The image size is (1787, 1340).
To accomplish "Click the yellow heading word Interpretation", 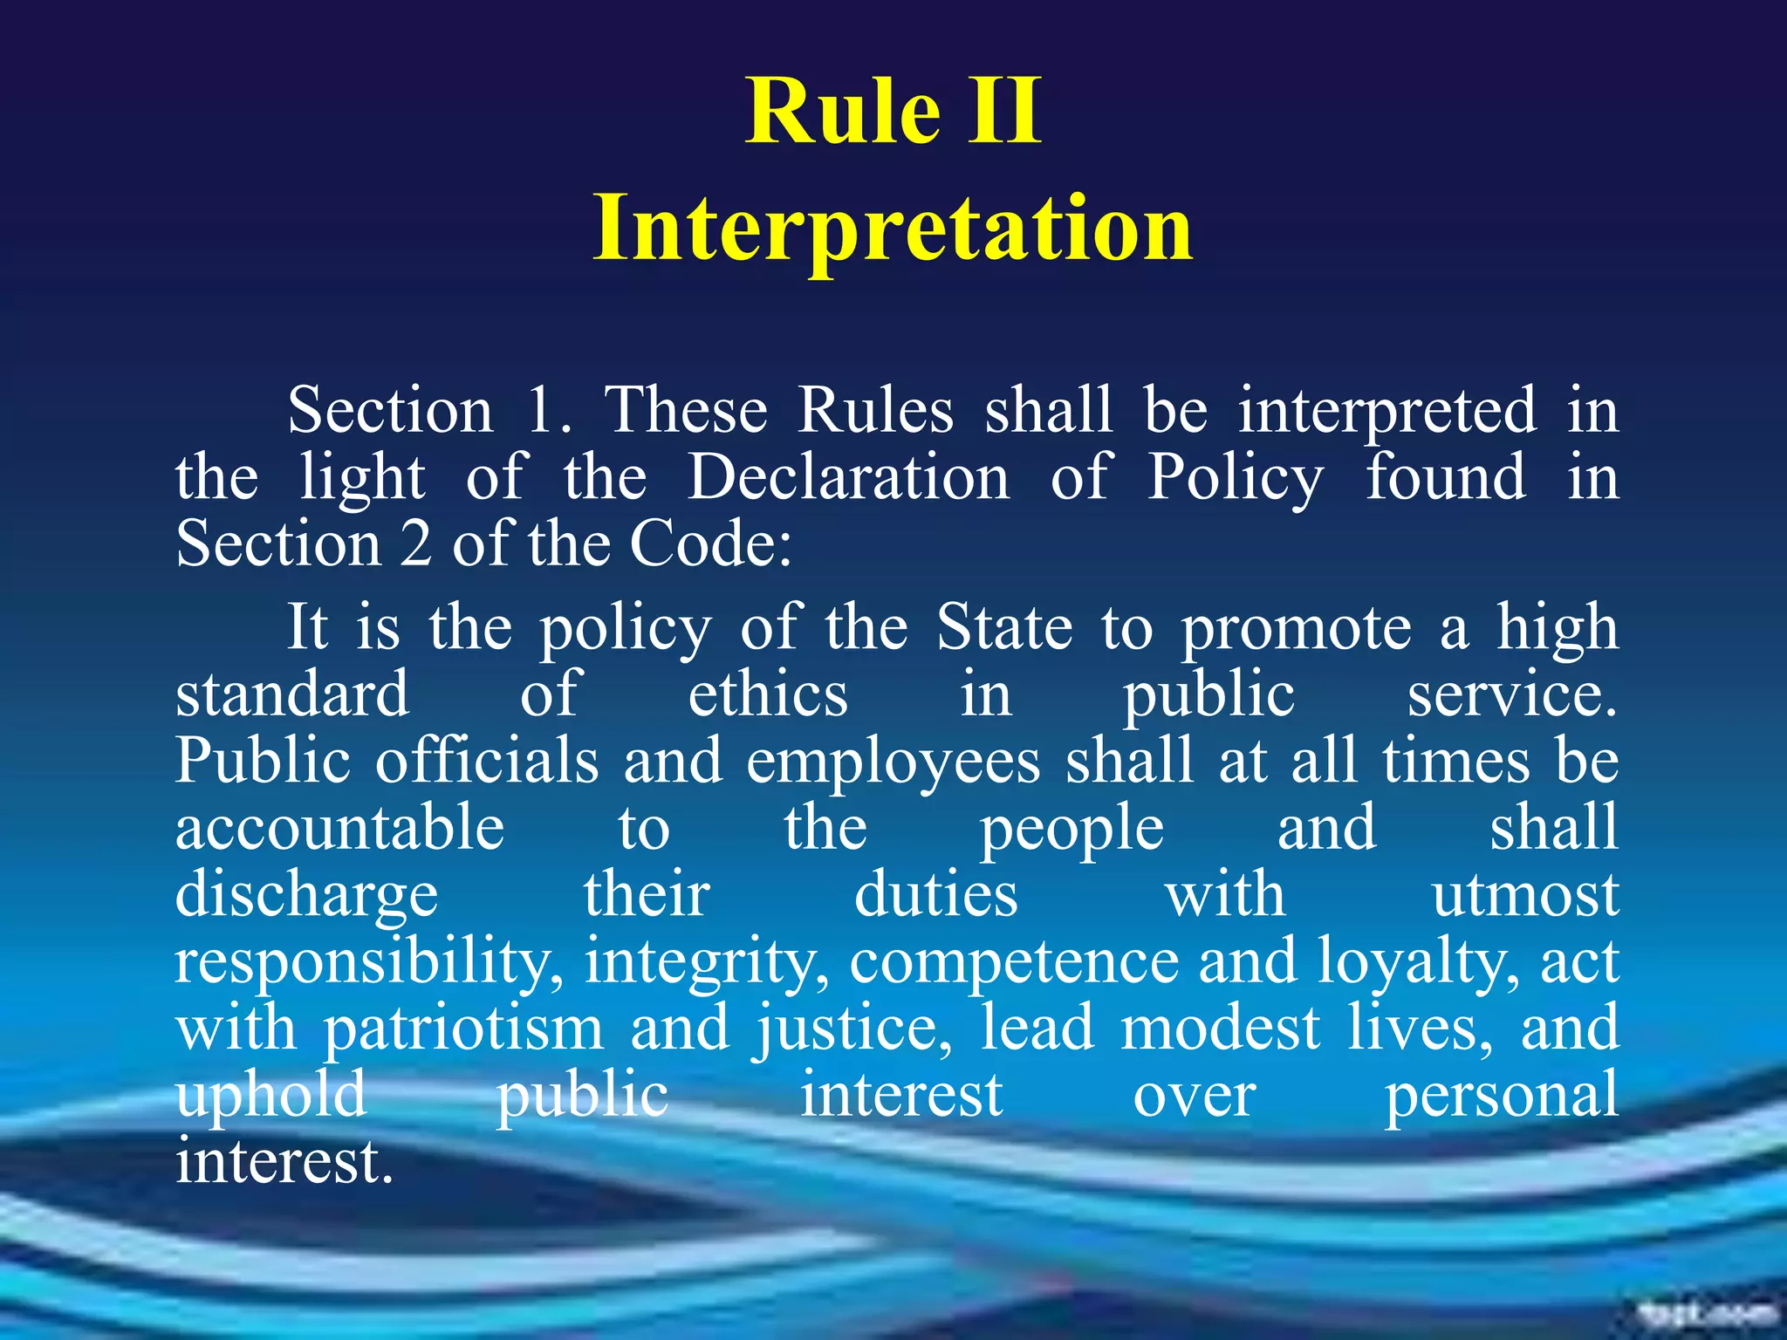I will coord(893,229).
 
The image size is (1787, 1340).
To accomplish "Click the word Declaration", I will coord(848,477).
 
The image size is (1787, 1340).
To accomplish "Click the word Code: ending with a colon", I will coord(711,544).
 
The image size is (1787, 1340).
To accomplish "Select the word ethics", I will coord(768,694).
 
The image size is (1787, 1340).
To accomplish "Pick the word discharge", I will coord(306,897).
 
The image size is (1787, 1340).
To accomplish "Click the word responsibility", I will coord(368,963).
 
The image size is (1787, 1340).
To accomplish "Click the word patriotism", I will coord(463,1029).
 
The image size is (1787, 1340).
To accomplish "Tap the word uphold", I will coord(270,1096).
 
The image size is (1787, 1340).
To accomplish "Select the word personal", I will coord(1501,1096).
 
